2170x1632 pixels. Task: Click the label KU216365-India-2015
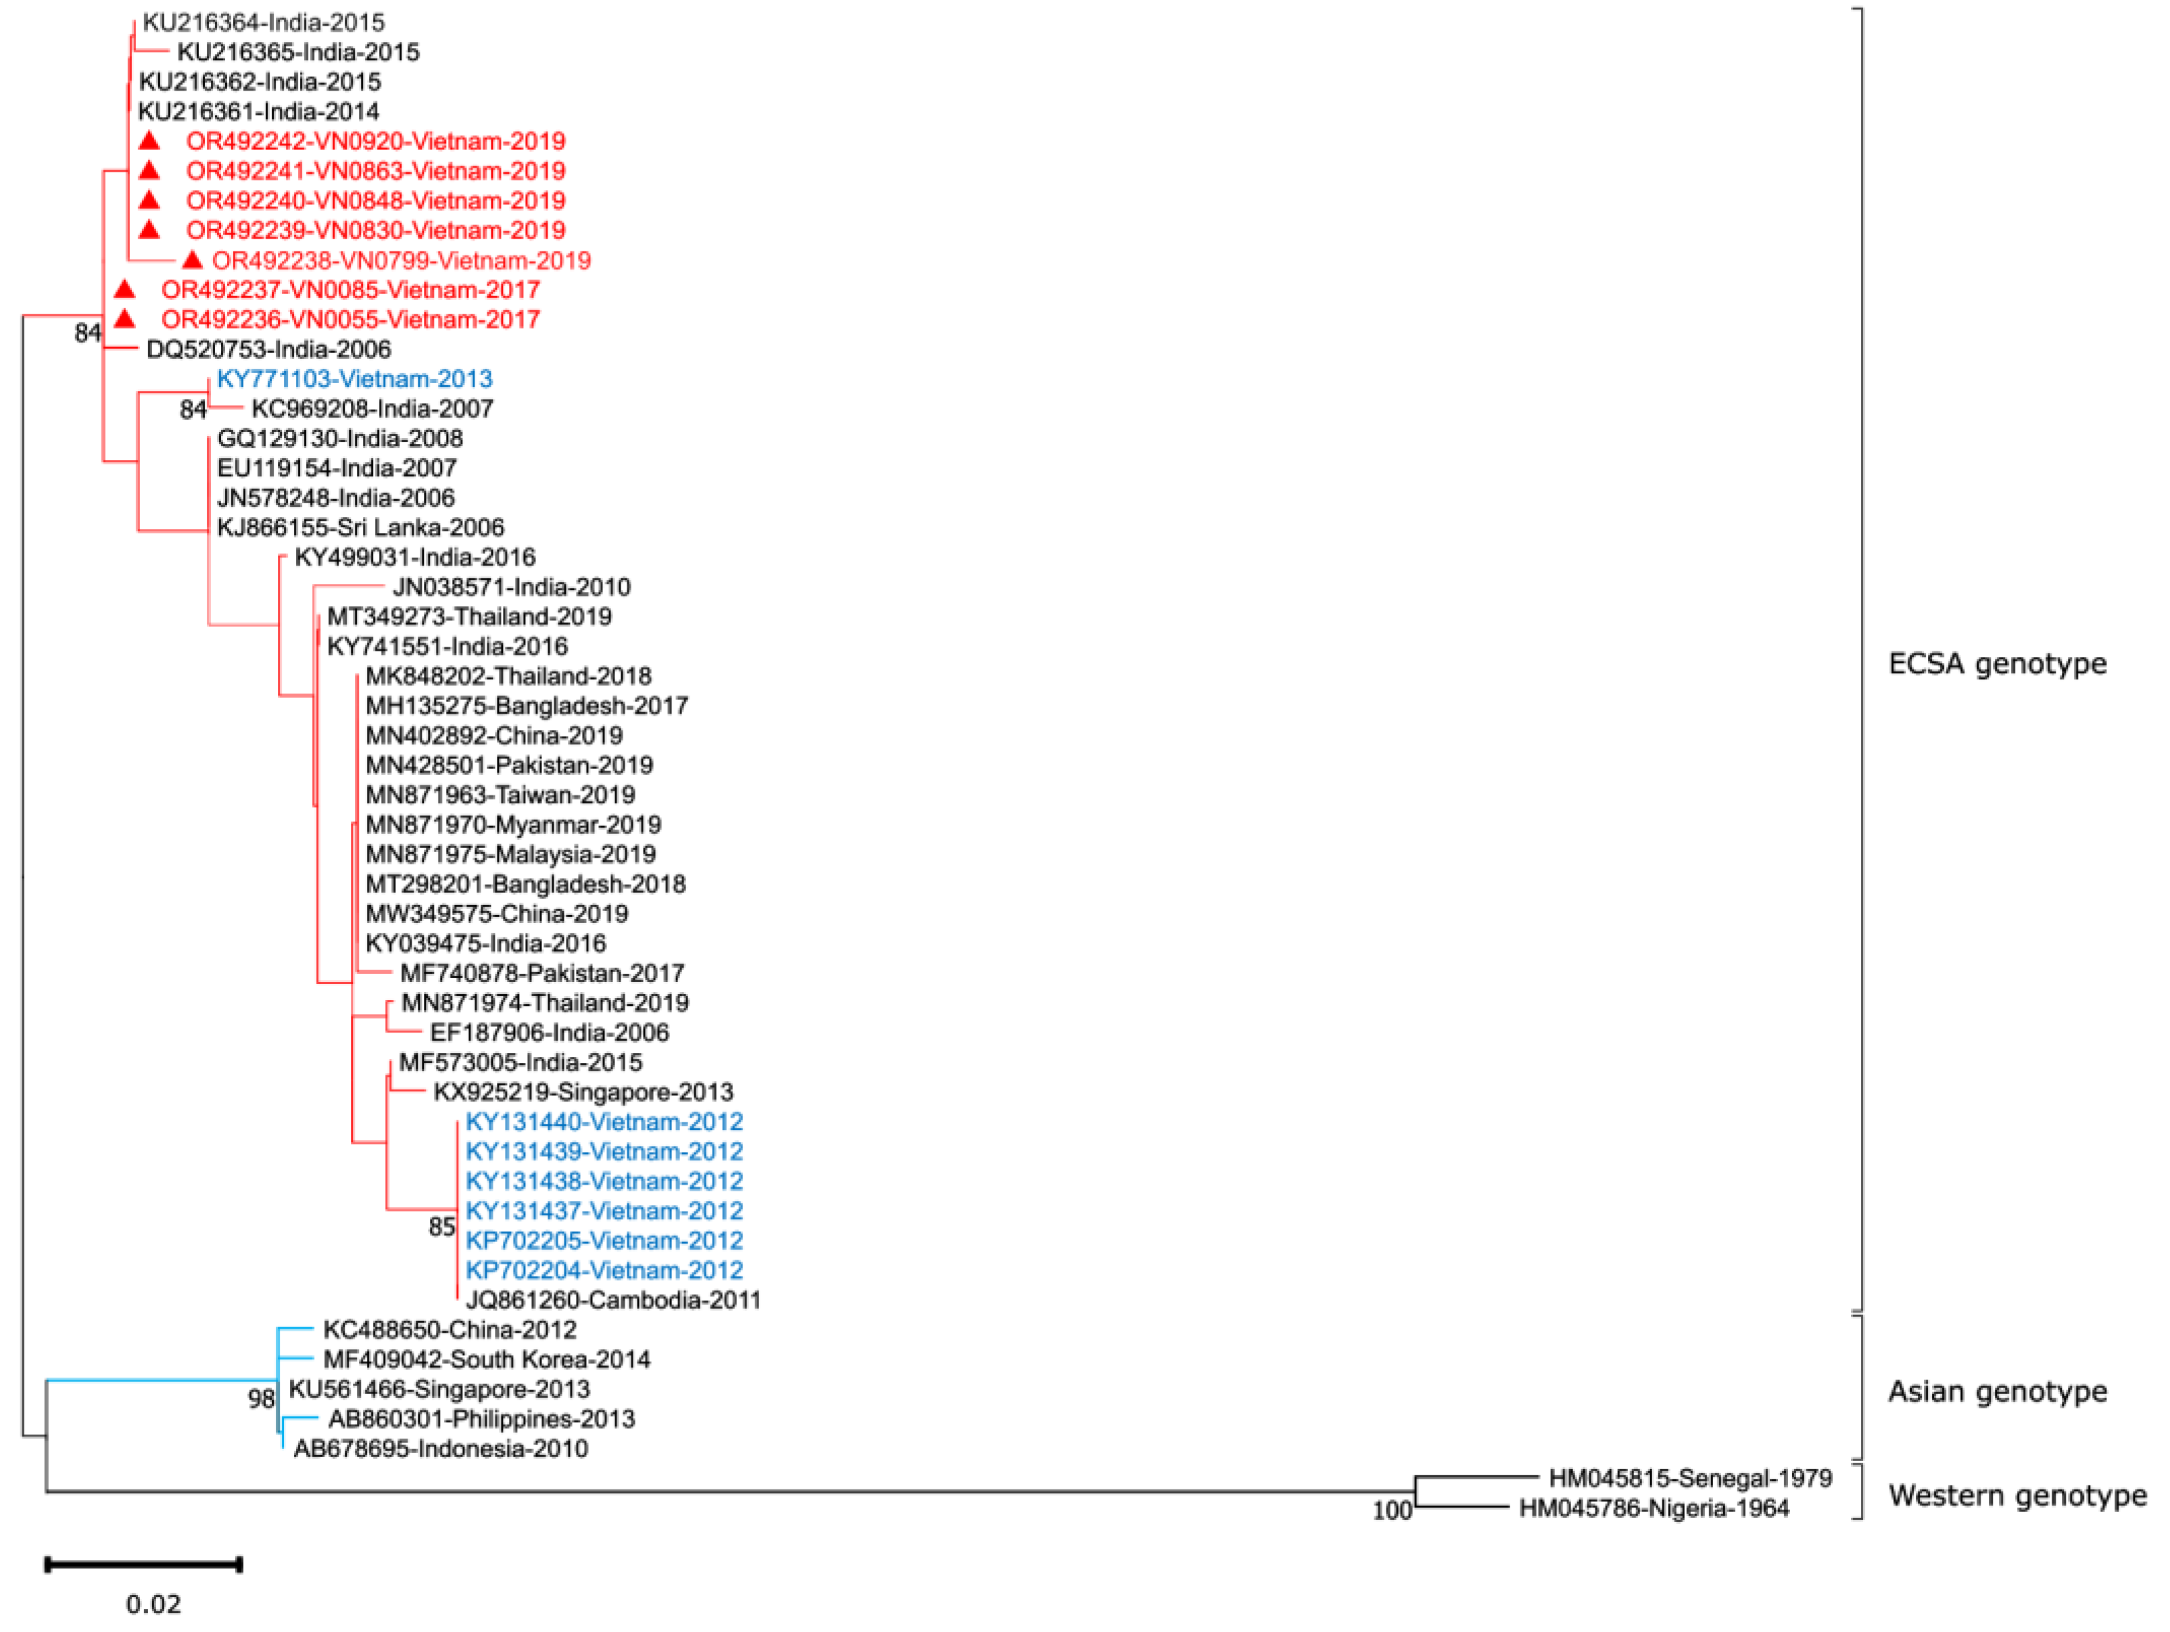pyautogui.click(x=297, y=52)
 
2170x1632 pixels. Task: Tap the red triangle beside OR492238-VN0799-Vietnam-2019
pyautogui.click(x=192, y=260)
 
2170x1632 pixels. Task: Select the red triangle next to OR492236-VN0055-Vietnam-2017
pyautogui.click(x=124, y=319)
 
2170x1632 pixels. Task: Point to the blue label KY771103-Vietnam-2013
pyautogui.click(x=354, y=378)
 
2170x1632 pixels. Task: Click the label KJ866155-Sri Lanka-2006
pyautogui.click(x=360, y=528)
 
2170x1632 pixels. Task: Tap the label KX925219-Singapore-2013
pyautogui.click(x=583, y=1091)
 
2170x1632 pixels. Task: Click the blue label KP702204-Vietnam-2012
pyautogui.click(x=604, y=1270)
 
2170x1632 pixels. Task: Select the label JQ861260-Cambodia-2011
pyautogui.click(x=613, y=1300)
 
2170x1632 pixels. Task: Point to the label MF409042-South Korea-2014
pyautogui.click(x=487, y=1360)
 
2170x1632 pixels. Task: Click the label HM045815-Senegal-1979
pyautogui.click(x=1689, y=1478)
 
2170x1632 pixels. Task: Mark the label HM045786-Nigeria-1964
pyautogui.click(x=1654, y=1508)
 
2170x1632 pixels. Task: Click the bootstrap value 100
pyautogui.click(x=1391, y=1511)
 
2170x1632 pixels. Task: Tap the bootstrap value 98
pyautogui.click(x=261, y=1399)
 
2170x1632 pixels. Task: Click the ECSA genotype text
pyautogui.click(x=1998, y=664)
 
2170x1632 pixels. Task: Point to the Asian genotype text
pyautogui.click(x=1998, y=1391)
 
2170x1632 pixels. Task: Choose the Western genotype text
pyautogui.click(x=2017, y=1495)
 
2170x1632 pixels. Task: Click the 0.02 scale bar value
pyautogui.click(x=153, y=1604)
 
